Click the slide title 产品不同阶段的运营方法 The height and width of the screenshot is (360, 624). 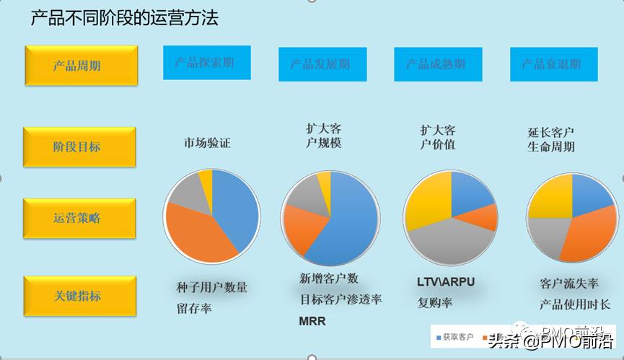point(124,18)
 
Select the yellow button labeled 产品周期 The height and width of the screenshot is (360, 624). point(81,66)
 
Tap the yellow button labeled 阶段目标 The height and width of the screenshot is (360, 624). point(81,147)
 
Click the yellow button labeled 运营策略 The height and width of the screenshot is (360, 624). point(81,218)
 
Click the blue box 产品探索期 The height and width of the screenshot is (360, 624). point(206,63)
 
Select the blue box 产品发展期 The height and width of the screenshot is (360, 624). point(322,64)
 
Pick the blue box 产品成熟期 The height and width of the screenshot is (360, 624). point(438,64)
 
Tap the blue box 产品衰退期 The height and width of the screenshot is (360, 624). point(553,64)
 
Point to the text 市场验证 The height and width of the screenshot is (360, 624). point(206,143)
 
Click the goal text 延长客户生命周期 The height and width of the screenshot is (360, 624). point(551,140)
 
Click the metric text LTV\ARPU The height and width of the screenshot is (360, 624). point(446,281)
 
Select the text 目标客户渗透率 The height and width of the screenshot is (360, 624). point(340,299)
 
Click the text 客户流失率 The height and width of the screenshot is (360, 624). point(569,283)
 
